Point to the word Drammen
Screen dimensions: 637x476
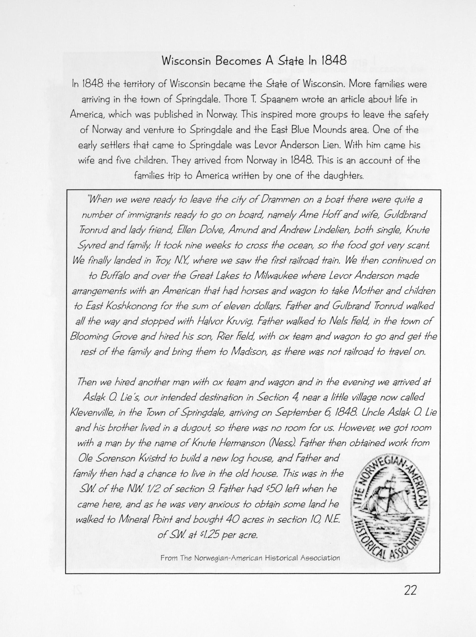click(278, 200)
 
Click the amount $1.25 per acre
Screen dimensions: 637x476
click(228, 535)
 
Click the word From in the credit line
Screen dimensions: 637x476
click(169, 558)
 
